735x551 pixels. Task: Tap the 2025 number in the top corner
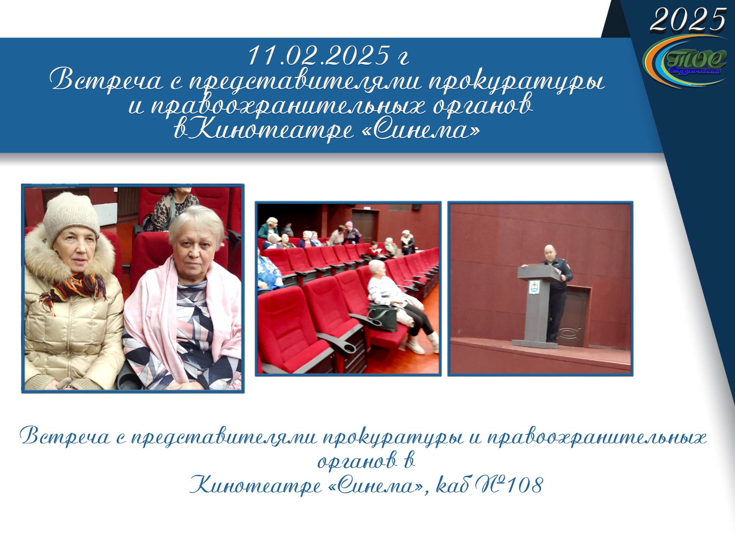pos(688,20)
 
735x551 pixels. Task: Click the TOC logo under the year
pos(683,62)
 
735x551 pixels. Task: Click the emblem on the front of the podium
pos(534,287)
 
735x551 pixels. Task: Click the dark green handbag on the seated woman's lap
pos(382,318)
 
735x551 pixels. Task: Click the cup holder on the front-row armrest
pos(345,348)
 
